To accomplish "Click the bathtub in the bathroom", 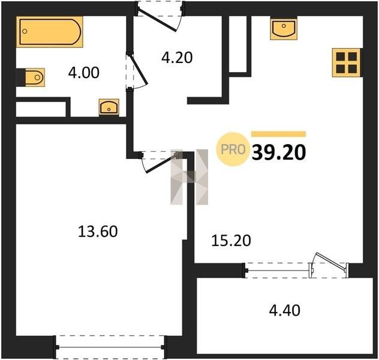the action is point(50,32).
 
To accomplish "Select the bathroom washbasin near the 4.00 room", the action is point(109,107).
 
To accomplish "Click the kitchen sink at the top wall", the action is point(284,29).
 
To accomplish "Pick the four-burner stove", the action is point(347,62).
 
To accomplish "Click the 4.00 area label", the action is point(83,73).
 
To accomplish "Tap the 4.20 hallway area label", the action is point(177,58).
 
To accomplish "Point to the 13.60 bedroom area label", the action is point(98,231).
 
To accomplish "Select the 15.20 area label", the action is point(231,241).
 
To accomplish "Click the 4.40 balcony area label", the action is point(285,310).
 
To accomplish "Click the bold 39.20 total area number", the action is point(279,152).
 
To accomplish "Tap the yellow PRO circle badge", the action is point(233,149).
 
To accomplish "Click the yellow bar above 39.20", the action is point(279,134).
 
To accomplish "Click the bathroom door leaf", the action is point(139,70).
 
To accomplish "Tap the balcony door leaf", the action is point(330,260).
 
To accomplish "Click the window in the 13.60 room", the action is point(110,347).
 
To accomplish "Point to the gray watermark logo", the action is point(189,177).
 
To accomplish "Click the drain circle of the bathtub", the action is point(25,31).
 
